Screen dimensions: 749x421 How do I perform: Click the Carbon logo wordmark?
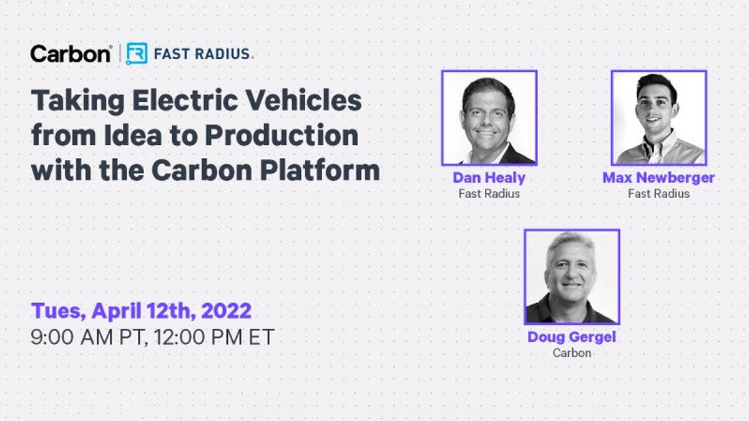click(70, 54)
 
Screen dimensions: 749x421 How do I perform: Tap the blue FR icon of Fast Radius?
click(137, 54)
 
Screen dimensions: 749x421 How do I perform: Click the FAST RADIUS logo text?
click(202, 54)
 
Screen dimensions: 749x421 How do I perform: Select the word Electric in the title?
click(185, 100)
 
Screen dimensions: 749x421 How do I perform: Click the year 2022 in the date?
click(227, 311)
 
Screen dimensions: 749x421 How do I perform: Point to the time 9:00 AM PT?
click(89, 337)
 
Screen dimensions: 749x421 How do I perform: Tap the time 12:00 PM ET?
click(214, 337)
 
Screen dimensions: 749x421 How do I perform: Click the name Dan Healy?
click(489, 178)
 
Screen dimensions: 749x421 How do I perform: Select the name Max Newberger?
click(658, 177)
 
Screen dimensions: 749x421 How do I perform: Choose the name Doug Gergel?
click(572, 337)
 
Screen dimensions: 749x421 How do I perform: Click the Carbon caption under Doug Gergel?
click(572, 353)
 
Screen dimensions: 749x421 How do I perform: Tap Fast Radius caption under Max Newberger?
click(658, 193)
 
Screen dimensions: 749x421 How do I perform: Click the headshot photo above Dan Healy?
click(489, 118)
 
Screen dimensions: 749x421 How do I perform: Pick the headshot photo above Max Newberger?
click(658, 118)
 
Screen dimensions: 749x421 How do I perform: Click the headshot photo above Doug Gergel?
click(572, 277)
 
